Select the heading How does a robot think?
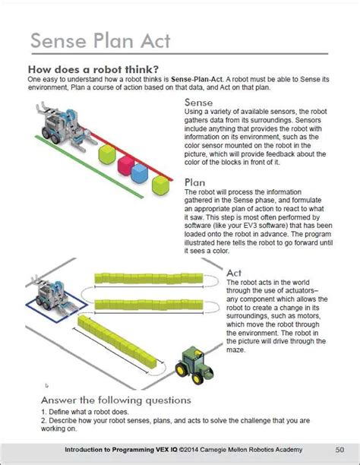[x=93, y=69]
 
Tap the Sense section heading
[x=199, y=103]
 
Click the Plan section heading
[x=196, y=182]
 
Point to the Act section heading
[x=235, y=273]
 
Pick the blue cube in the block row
[x=139, y=174]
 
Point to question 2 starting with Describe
[x=175, y=420]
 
